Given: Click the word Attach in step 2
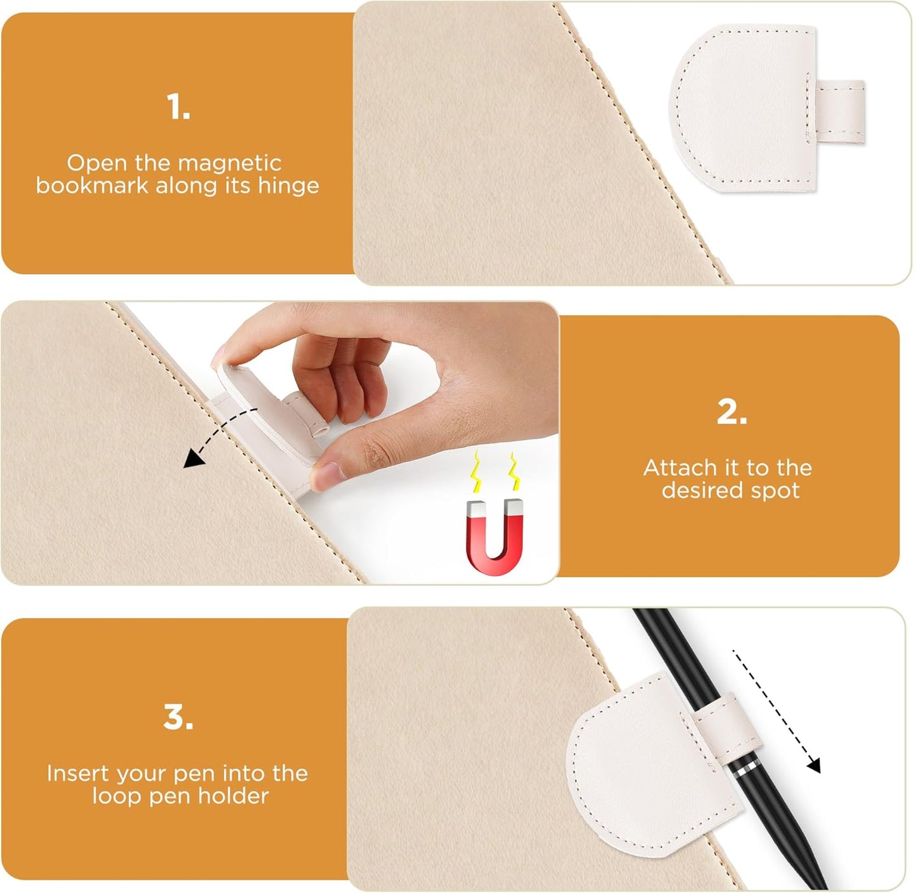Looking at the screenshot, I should (x=680, y=468).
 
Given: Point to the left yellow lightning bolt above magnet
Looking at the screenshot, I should (x=475, y=473).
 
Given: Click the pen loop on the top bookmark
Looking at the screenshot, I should (x=841, y=112).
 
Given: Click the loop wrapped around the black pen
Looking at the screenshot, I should (x=723, y=723).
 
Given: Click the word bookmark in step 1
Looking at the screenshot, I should (x=91, y=185).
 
